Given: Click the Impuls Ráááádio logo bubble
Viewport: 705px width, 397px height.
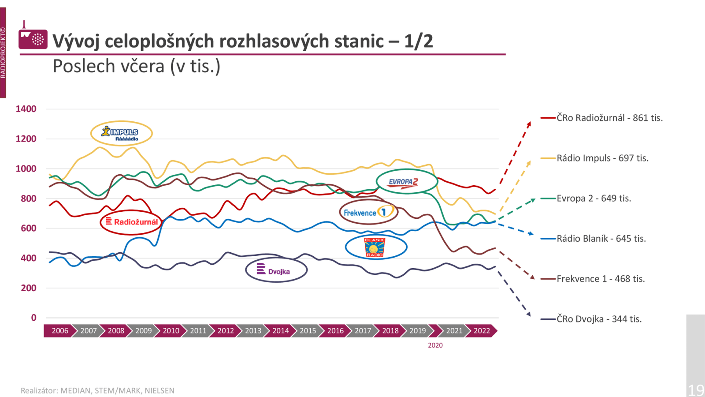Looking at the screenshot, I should click(x=122, y=133).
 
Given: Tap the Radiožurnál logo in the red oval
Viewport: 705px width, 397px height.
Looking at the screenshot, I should click(x=131, y=222).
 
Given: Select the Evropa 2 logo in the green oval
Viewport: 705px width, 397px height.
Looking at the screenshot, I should click(x=407, y=181).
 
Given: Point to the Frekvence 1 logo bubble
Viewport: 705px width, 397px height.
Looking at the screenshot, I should click(x=368, y=212).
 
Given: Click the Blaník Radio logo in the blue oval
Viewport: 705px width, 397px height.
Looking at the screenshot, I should click(x=375, y=247).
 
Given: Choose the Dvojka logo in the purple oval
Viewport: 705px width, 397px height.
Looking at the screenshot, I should click(x=276, y=270).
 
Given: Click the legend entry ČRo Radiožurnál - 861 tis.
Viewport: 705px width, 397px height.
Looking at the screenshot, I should click(x=609, y=118).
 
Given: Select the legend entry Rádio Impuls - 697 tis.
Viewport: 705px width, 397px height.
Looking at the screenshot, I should click(x=602, y=158).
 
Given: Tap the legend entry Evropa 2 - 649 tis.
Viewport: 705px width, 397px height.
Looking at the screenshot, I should click(x=594, y=198).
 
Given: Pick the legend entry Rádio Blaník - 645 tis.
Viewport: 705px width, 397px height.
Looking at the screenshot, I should click(x=601, y=239).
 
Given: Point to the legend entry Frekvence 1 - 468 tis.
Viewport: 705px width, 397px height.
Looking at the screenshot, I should click(x=601, y=279).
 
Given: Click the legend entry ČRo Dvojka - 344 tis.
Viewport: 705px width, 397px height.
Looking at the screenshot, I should click(x=599, y=319).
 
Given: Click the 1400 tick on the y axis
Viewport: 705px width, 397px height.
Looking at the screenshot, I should click(x=26, y=109).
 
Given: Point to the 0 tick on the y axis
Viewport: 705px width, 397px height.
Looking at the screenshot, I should click(x=33, y=318).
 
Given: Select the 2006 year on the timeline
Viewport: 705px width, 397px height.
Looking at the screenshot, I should click(x=60, y=331).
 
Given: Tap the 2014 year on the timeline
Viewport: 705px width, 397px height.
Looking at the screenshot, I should click(x=280, y=331).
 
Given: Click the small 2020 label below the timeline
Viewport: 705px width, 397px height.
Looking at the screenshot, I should click(x=435, y=345).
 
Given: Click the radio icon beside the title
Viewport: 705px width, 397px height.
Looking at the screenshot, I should click(x=33, y=39).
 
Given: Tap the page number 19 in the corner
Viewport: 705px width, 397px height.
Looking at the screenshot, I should click(x=696, y=390).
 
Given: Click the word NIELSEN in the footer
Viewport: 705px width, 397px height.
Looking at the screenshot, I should click(x=160, y=391).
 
